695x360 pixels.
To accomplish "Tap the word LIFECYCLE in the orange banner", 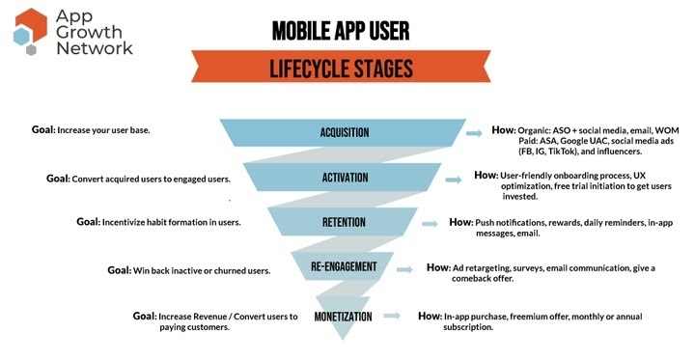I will click(x=303, y=70).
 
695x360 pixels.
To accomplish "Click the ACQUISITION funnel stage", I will click(x=346, y=131).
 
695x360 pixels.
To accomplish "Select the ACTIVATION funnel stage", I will click(x=346, y=178).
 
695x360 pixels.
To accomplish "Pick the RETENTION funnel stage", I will click(x=345, y=222).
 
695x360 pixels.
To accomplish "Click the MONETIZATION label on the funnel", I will click(x=345, y=317).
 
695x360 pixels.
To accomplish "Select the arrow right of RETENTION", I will click(x=432, y=222).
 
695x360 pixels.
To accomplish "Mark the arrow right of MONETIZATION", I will click(x=390, y=316).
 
